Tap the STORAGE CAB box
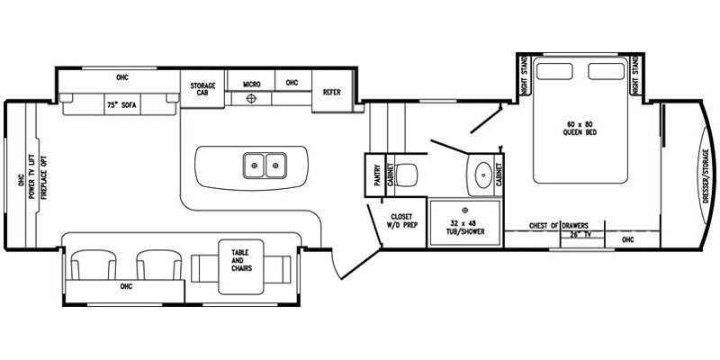(x=202, y=90)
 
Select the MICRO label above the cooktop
(x=251, y=84)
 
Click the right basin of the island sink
(x=274, y=165)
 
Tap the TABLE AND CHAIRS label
(x=240, y=260)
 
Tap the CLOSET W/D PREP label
(x=400, y=220)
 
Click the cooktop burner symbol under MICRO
(x=253, y=98)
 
